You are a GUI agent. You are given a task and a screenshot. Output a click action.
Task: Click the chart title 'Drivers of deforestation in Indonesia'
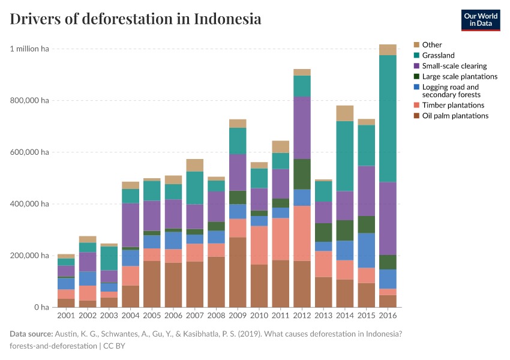136,19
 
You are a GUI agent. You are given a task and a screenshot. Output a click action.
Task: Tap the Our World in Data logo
480,20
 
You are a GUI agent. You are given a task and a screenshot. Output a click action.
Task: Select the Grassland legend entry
438,55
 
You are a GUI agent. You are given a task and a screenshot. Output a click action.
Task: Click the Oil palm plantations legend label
455,116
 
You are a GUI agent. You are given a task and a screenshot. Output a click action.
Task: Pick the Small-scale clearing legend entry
454,66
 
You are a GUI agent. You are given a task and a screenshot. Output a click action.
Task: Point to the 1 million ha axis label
29,49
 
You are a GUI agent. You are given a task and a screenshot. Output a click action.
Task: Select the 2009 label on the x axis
237,316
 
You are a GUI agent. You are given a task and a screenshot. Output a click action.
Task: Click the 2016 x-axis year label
388,316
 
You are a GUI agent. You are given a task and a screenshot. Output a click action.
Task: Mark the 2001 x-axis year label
66,316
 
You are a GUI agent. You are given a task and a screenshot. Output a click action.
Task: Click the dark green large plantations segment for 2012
302,174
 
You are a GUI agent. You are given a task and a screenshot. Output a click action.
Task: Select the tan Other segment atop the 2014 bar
344,113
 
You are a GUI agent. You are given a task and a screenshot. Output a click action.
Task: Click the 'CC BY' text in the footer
114,346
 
